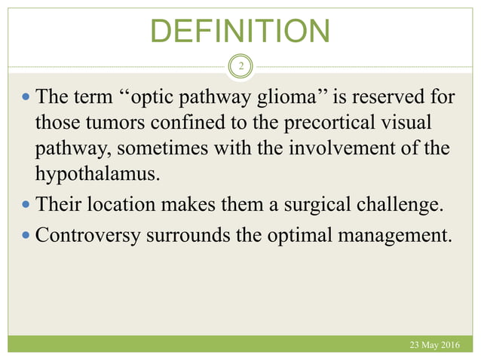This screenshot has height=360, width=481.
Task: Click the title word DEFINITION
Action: point(240,31)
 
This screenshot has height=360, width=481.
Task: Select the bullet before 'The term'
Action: point(26,97)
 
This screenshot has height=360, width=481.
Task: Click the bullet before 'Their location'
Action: point(26,203)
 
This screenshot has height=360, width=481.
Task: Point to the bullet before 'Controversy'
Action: point(26,234)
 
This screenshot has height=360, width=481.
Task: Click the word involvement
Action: point(340,149)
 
